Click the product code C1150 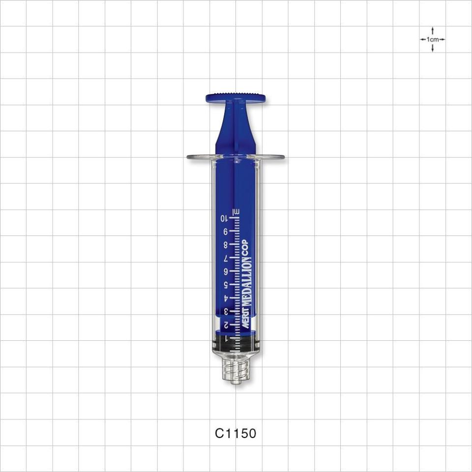tap(236, 433)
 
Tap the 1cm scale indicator tap(432, 39)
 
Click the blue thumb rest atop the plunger tap(236, 98)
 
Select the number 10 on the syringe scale tap(224, 218)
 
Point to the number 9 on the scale tap(226, 231)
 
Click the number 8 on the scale tap(226, 244)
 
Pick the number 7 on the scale tap(226, 258)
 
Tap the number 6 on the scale tap(226, 271)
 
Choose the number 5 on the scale tap(226, 285)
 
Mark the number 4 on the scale tap(226, 298)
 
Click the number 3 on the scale tap(226, 311)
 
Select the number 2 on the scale tap(226, 325)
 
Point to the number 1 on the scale tap(226, 338)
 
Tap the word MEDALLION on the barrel tap(246, 285)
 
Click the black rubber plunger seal tap(236, 342)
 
